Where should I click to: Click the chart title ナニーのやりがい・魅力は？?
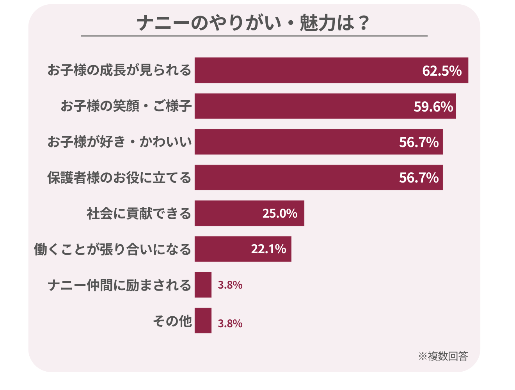coord(254,23)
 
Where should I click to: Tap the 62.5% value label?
coord(442,71)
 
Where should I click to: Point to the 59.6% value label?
coord(433,106)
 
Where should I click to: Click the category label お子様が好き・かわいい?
coord(119,142)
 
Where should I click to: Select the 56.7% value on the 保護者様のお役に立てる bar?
coord(419,178)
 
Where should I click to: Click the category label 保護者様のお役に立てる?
coord(119,178)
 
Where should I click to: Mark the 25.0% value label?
coord(280,213)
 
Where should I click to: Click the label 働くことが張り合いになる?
coord(112,249)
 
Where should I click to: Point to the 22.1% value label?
coord(269,249)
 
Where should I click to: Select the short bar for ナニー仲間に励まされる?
coord(203,285)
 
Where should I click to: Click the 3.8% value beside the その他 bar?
coord(230,323)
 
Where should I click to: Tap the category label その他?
coord(172,321)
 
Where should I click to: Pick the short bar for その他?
coord(203,321)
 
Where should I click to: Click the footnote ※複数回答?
coord(443,356)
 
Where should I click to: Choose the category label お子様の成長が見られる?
coord(119,70)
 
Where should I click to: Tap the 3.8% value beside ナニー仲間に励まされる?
coord(230,285)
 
